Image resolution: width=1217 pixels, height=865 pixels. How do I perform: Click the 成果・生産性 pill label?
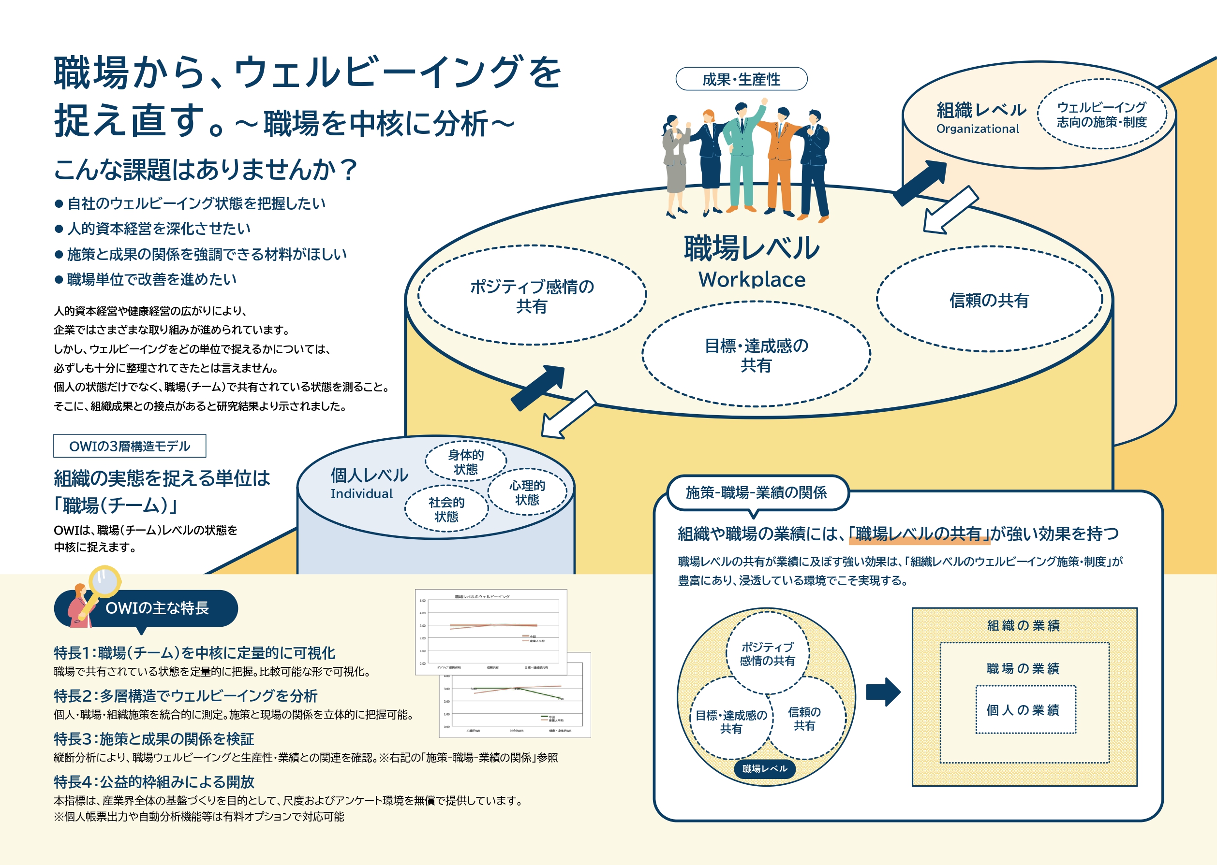coord(741,79)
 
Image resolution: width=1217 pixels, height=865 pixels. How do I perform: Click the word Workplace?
coord(752,280)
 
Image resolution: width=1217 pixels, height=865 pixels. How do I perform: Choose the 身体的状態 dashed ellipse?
coord(465,462)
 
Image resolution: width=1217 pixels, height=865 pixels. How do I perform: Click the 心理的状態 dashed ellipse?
coord(527,492)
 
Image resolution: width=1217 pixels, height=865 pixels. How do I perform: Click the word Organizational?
coord(977,129)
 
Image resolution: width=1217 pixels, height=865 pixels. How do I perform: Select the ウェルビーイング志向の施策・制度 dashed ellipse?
coord(1101,115)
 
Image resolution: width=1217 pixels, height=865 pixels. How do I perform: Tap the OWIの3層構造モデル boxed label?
coord(130,447)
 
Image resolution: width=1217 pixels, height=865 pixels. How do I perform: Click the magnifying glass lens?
coord(105,580)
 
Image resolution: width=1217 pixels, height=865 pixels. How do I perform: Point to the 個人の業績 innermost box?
coord(1025,710)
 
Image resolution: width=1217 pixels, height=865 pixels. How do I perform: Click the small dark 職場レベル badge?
coord(764,768)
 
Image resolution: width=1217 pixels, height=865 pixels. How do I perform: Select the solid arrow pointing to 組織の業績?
coord(883,692)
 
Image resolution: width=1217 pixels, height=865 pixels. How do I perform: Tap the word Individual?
coord(361,494)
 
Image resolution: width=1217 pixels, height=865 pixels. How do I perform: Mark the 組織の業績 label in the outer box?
coord(1023,625)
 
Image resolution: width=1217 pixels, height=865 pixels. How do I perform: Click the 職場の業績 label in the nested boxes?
coord(1023,668)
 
